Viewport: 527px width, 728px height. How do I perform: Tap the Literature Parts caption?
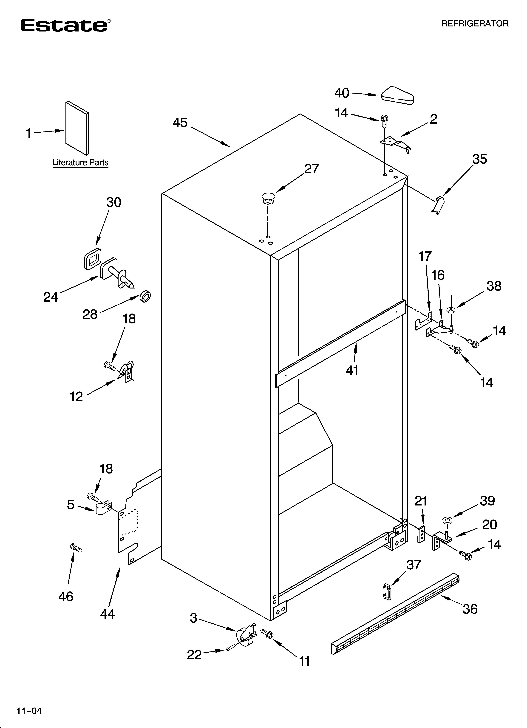click(80, 163)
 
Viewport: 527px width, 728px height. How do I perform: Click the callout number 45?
click(180, 123)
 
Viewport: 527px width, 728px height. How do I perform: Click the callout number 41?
click(352, 370)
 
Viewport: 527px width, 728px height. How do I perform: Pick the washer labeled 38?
click(451, 310)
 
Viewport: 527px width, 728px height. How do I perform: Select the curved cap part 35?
click(437, 206)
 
